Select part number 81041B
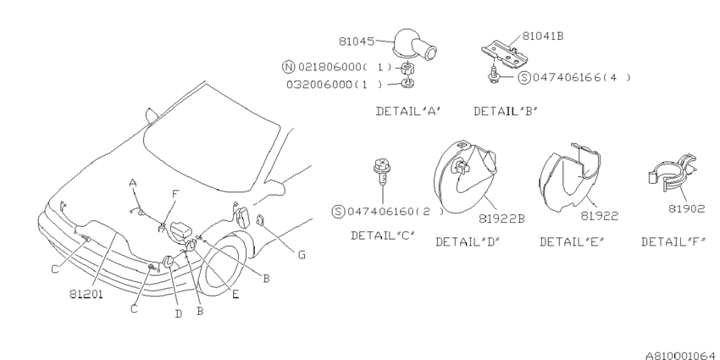pyautogui.click(x=542, y=36)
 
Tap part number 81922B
pyautogui.click(x=501, y=218)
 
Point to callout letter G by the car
pyautogui.click(x=301, y=254)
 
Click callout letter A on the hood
pyautogui.click(x=133, y=182)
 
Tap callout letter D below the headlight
pyautogui.click(x=178, y=313)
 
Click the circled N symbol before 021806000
pyautogui.click(x=288, y=66)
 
